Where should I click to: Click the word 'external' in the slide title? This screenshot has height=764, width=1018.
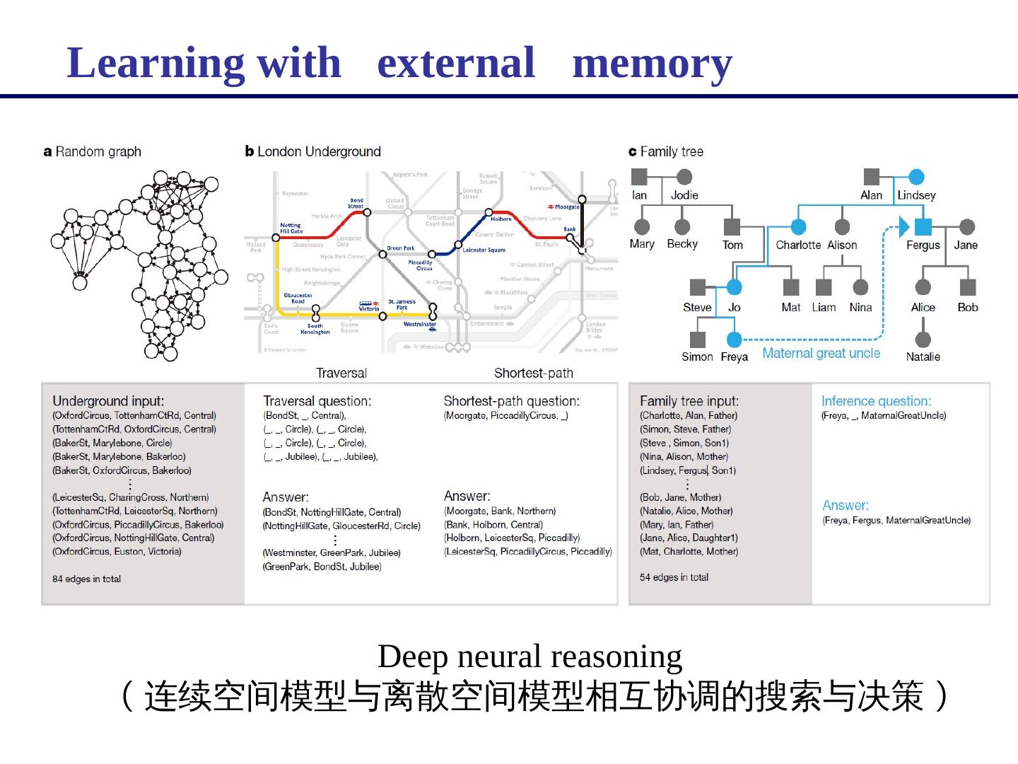(456, 62)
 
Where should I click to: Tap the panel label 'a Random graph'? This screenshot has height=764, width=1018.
(92, 151)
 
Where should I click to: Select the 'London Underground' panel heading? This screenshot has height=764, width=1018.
(313, 151)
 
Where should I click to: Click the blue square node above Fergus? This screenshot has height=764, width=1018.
(923, 226)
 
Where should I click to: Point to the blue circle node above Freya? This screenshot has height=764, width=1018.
(735, 340)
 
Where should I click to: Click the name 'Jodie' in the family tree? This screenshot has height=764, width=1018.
(684, 195)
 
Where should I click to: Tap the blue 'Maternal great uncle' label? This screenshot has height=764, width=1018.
(821, 354)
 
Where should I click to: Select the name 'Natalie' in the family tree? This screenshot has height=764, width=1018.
(923, 357)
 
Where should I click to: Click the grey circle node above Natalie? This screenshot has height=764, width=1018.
(923, 340)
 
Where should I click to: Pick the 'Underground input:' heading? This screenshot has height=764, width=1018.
(108, 401)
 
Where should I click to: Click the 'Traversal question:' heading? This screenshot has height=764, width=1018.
(317, 401)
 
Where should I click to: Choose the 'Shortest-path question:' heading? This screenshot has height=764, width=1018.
(511, 401)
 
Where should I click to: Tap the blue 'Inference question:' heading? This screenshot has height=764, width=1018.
(876, 401)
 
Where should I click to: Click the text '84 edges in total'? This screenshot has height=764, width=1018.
(86, 579)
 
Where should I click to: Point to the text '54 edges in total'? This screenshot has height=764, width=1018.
(674, 577)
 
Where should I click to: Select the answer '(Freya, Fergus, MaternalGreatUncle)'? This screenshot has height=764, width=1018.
(896, 521)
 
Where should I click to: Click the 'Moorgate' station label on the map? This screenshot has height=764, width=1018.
(566, 207)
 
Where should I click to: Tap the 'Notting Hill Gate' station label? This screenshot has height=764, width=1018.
(291, 228)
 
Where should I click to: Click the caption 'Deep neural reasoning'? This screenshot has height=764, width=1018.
(530, 656)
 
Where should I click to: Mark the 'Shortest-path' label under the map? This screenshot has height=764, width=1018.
(533, 373)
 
